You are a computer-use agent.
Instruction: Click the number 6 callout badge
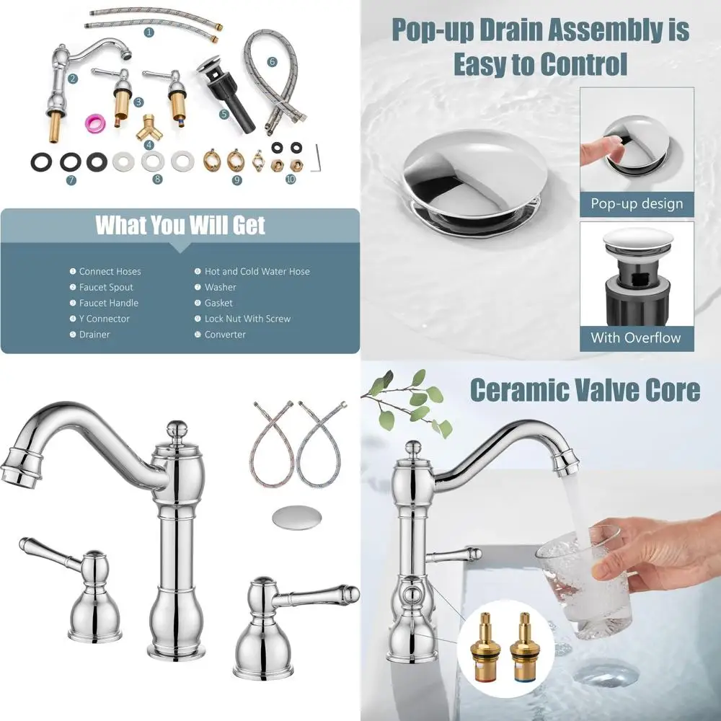[x=272, y=62]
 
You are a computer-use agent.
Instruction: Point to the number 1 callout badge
[x=149, y=32]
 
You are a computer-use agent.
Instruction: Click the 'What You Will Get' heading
[x=180, y=226]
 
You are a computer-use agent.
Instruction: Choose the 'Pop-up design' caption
[x=637, y=203]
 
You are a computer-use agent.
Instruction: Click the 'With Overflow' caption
[x=636, y=337]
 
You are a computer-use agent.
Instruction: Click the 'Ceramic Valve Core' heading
[x=585, y=390]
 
